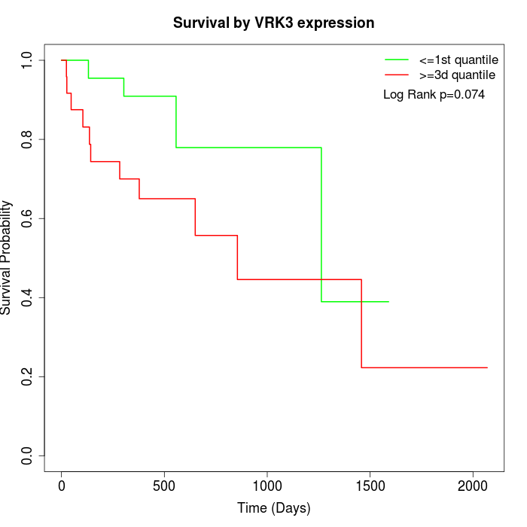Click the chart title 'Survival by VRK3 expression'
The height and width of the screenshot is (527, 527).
click(x=273, y=23)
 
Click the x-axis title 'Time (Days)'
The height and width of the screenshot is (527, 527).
click(x=273, y=508)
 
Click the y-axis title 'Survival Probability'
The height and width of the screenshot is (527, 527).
click(x=7, y=257)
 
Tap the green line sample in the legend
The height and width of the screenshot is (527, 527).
click(x=397, y=59)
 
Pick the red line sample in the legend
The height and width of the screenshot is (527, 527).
click(x=397, y=75)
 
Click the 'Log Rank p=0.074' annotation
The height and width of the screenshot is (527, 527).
click(x=434, y=95)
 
